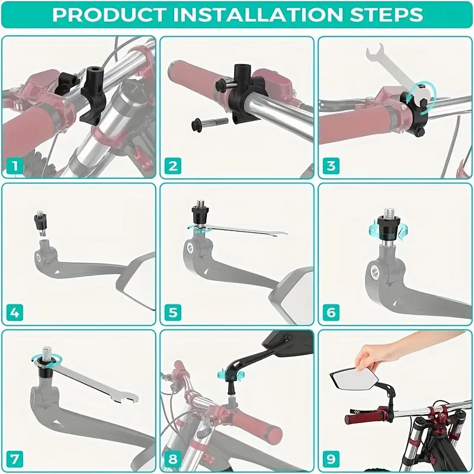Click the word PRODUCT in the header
[x=109, y=14]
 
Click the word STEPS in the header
[x=386, y=14]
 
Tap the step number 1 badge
[x=14, y=166]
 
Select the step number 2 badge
[x=173, y=166]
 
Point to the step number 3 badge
[x=331, y=166]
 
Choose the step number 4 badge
[x=14, y=313]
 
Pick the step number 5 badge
[x=173, y=313]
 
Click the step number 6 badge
[x=331, y=313]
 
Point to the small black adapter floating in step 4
[x=39, y=225]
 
